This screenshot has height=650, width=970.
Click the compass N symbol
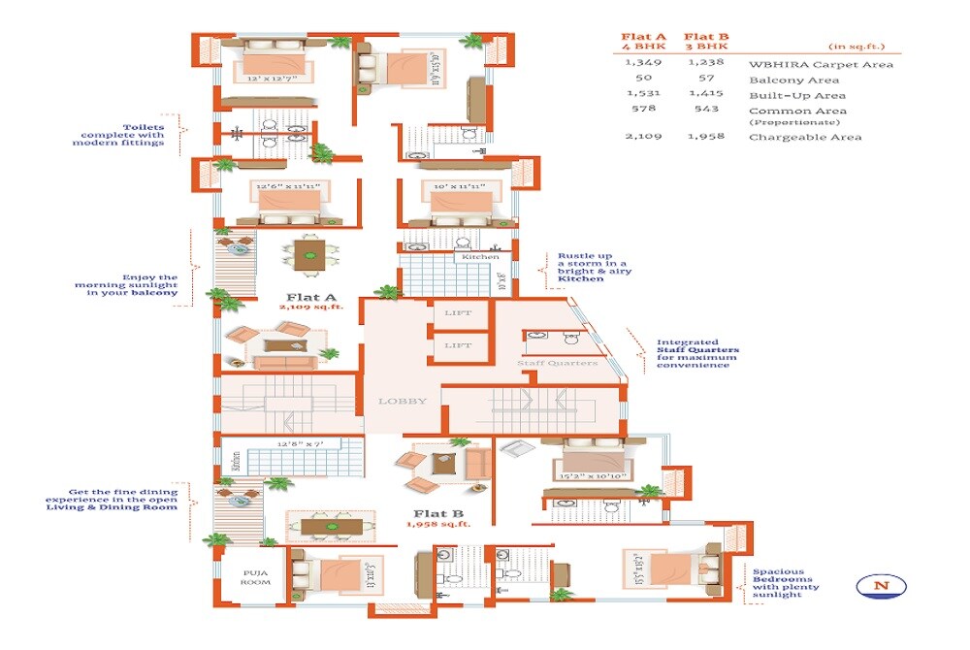point(882,585)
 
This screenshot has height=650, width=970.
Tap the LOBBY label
point(402,401)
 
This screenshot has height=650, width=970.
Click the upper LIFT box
point(458,313)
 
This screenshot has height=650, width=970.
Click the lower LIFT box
point(458,345)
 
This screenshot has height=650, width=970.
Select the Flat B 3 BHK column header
point(707,42)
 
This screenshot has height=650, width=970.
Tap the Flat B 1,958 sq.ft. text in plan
point(438,524)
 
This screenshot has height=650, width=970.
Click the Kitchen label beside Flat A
point(481,257)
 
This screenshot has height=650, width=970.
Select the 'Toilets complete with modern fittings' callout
point(118,135)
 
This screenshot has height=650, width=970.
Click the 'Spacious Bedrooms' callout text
point(786,583)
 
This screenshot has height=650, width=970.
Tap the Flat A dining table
point(310,258)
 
